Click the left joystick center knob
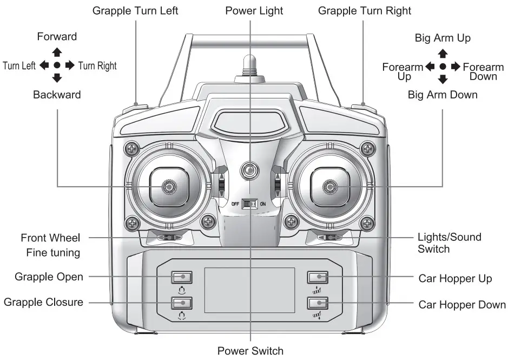[169, 187]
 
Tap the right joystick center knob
[328, 187]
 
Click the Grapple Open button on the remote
[182, 277]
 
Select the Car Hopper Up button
[318, 277]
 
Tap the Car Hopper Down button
[318, 303]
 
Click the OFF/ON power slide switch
[249, 204]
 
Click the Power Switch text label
[250, 351]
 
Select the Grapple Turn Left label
[135, 11]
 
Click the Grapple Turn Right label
[364, 11]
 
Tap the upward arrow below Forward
[57, 53]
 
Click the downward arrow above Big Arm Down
[443, 80]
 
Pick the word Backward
[57, 95]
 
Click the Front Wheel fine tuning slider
[168, 237]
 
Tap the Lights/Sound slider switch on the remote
[329, 237]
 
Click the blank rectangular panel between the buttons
[249, 290]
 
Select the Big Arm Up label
[443, 38]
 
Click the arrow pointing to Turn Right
[70, 66]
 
